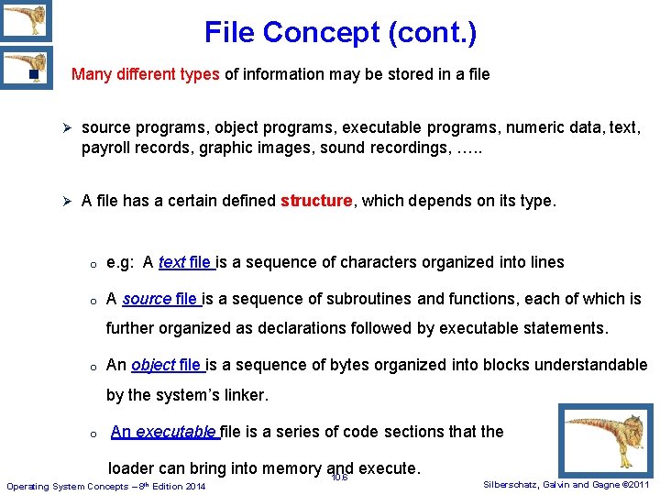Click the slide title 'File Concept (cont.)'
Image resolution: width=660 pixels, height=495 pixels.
click(340, 33)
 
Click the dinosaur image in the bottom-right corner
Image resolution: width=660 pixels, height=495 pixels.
click(606, 440)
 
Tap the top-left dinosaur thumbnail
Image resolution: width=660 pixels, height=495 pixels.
click(25, 20)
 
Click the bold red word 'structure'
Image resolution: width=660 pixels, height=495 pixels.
click(316, 201)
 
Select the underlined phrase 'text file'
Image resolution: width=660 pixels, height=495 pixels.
click(186, 263)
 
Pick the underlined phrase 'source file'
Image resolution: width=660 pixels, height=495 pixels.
click(160, 299)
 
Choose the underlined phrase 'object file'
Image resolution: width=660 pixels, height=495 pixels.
click(168, 365)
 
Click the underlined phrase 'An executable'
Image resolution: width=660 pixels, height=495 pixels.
click(162, 432)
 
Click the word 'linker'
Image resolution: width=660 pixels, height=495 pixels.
click(242, 396)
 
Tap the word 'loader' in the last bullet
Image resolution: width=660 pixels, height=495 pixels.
click(132, 468)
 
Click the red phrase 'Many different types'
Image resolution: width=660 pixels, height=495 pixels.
click(145, 74)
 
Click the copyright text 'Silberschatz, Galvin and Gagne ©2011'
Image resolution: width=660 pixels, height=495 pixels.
click(566, 484)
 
